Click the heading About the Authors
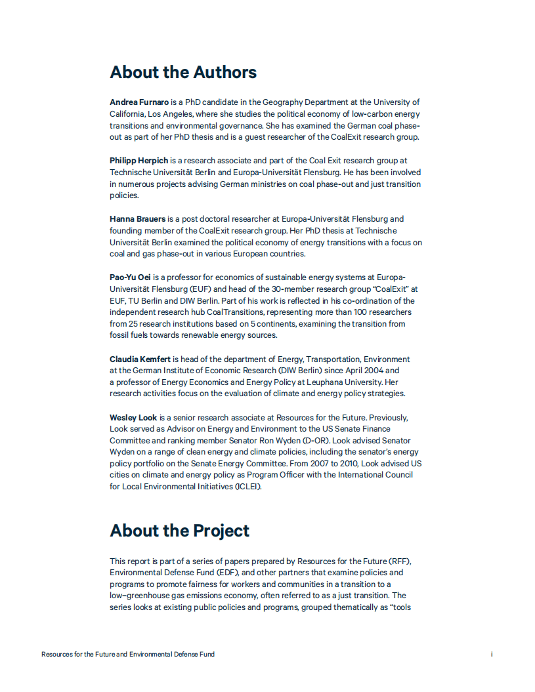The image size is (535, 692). [183, 72]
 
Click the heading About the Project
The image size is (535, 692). [179, 531]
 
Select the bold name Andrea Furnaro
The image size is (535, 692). [139, 102]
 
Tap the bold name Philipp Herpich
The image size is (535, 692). [139, 160]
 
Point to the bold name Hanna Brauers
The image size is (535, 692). [137, 218]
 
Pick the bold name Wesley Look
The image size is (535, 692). [133, 418]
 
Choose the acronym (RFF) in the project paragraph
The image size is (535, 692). [398, 561]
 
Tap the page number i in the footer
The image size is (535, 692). [492, 654]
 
